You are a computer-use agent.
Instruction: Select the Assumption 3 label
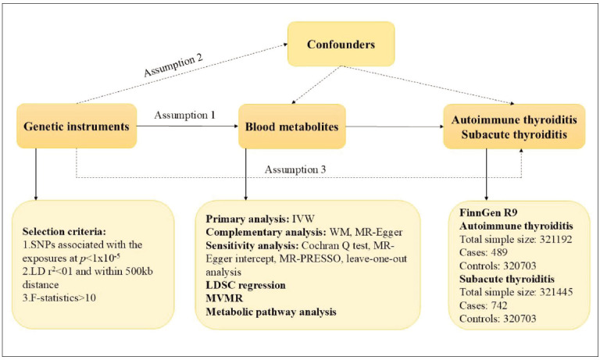pyautogui.click(x=295, y=169)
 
